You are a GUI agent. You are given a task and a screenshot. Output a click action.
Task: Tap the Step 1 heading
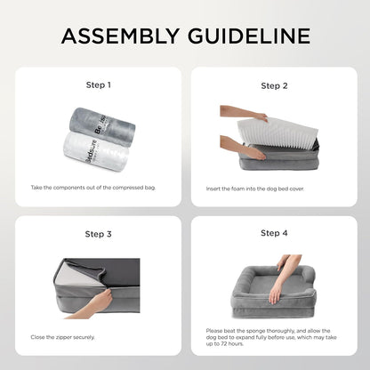[x=97, y=85]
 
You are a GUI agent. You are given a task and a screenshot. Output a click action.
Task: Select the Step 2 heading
[x=274, y=86]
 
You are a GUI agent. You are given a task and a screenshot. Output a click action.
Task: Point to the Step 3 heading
[x=97, y=234]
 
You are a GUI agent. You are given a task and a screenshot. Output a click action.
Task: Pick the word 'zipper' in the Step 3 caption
[x=70, y=337]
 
